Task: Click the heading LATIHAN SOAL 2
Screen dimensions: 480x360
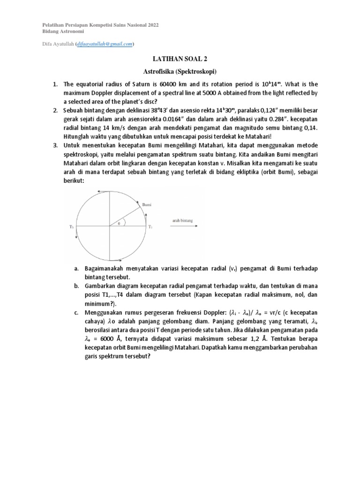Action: point(180,60)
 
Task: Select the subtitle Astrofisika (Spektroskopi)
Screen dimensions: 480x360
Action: point(180,72)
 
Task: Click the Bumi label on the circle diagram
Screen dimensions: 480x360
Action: point(147,205)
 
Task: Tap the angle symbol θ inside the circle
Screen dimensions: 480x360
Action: point(119,224)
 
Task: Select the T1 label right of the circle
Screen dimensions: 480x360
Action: point(150,227)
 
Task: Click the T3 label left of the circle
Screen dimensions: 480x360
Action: point(71,227)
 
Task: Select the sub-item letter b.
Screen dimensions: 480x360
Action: point(76,286)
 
